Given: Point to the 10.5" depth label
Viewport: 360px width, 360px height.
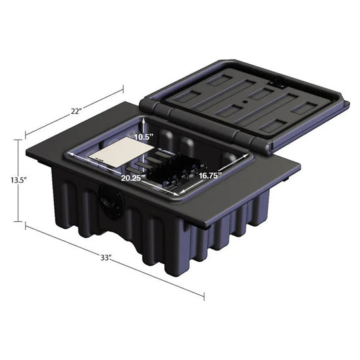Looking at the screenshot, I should (x=143, y=137).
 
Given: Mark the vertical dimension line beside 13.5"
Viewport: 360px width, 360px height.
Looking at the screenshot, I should (x=18, y=180).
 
